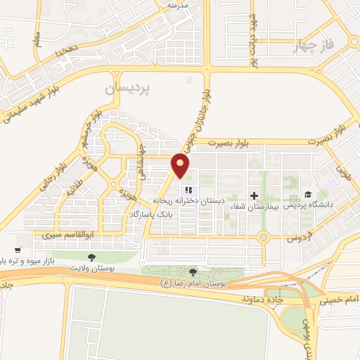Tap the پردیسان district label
127,89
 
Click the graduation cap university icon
307,195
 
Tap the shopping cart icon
18,250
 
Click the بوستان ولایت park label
93,268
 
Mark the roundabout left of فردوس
264,238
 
